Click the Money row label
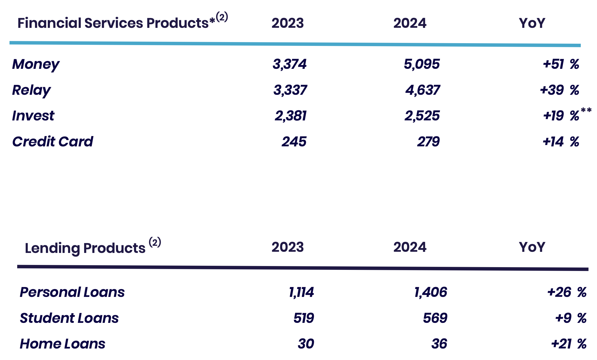pos(36,65)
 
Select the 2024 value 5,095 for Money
pos(422,64)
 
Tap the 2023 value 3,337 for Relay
pos(290,90)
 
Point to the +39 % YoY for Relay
pos(559,90)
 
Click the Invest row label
pos(33,116)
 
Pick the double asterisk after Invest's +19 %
pos(586,110)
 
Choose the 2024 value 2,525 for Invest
pos(422,116)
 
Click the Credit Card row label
pos(53,141)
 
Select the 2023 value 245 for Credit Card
pos(294,141)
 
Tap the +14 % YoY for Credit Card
pos(561,141)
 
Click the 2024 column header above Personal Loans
pos(410,247)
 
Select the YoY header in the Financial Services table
pos(532,23)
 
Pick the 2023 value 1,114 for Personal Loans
pos(301,292)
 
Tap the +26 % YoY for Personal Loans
pos(567,292)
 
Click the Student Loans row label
pos(69,318)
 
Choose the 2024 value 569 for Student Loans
pos(435,318)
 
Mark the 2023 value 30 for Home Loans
pos(306,344)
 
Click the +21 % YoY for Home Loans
pos(569,344)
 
